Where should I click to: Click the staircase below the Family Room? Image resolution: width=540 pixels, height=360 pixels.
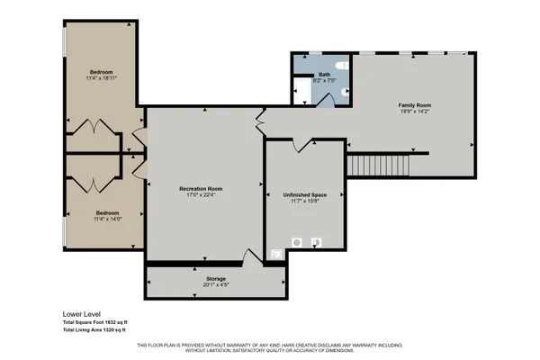378,165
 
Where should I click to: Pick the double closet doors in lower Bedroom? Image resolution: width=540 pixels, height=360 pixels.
92,184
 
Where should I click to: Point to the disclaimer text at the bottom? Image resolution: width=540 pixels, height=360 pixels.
269,347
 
